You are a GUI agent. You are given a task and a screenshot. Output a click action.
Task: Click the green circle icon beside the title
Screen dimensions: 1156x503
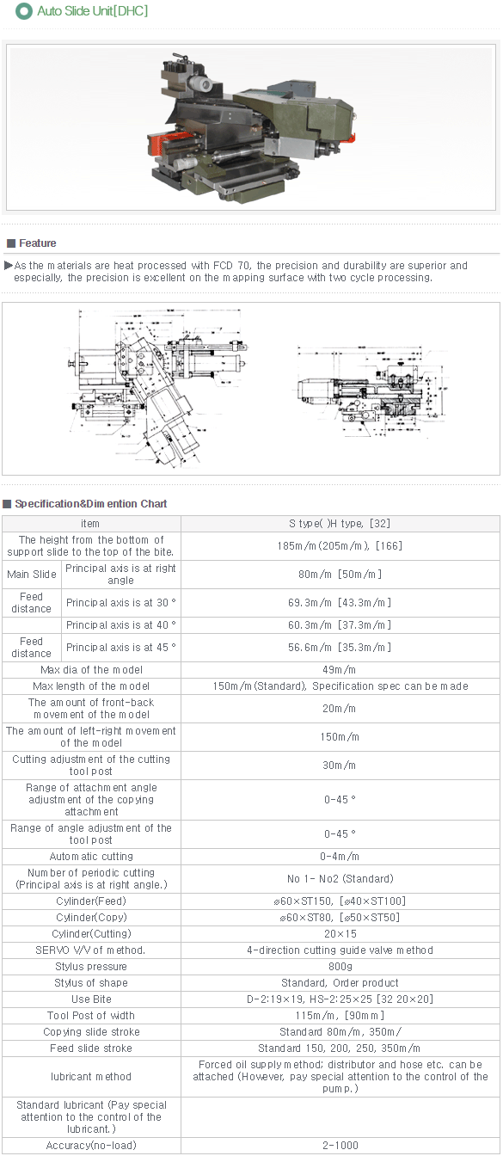pos(24,11)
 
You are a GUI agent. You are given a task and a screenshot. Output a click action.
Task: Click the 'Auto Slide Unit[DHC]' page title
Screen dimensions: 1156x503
pos(92,11)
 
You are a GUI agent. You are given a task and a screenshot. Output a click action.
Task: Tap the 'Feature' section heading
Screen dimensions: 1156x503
pos(37,243)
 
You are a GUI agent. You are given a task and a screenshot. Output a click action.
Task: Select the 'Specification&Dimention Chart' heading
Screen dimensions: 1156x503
pos(90,503)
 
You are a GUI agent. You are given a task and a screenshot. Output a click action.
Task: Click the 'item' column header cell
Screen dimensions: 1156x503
pos(90,523)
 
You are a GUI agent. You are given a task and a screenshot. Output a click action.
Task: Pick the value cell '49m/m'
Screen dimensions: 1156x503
pos(340,669)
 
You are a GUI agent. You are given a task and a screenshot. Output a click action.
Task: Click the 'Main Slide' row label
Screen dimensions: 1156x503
pos(32,575)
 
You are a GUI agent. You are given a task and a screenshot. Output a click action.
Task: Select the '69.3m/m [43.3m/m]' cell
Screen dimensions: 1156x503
pos(340,602)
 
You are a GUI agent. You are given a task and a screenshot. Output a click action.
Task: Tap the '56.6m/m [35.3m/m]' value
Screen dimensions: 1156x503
pos(340,647)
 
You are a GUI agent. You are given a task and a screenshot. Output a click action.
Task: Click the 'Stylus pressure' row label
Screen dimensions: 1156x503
pos(90,967)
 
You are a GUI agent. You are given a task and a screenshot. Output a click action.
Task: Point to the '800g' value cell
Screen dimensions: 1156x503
pos(340,967)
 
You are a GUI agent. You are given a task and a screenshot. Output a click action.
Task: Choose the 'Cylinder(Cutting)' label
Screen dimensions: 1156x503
pos(90,934)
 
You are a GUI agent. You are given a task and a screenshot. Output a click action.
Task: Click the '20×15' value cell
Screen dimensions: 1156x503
pos(340,934)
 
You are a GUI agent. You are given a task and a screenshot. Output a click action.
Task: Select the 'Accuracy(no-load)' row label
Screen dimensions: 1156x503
pos(90,1145)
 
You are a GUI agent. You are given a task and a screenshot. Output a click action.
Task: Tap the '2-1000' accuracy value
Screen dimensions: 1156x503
pos(340,1145)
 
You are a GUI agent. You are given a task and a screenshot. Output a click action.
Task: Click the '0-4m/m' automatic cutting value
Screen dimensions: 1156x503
pos(340,856)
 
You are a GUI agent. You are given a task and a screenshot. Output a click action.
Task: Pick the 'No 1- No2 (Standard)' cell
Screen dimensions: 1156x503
pos(340,878)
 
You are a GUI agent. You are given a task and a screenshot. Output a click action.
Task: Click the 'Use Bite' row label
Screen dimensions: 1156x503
pos(90,999)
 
